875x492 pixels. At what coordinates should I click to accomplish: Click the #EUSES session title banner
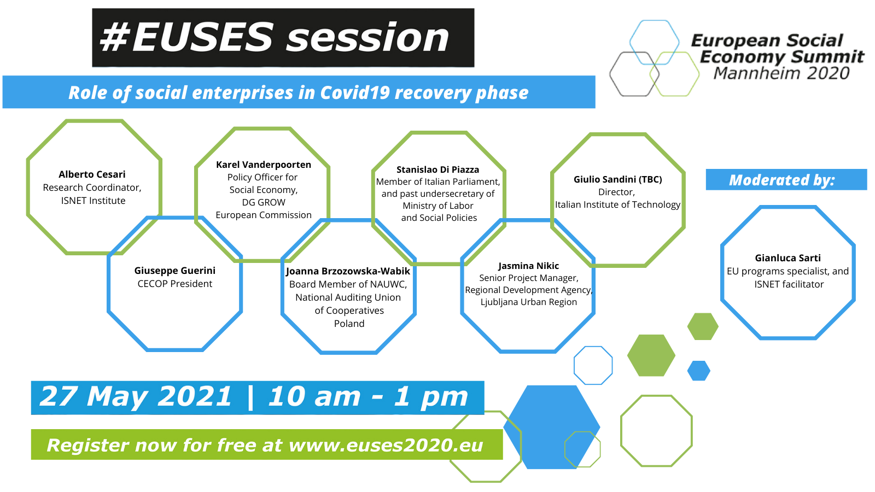point(283,38)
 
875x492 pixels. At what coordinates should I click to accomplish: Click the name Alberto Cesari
point(92,174)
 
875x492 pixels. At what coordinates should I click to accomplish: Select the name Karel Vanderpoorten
point(264,165)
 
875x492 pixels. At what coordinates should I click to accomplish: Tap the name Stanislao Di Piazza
point(437,169)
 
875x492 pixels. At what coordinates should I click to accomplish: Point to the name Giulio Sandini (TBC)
point(617,179)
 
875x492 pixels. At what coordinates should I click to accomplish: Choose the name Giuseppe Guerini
point(174,270)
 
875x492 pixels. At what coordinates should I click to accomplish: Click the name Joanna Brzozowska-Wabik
point(348,271)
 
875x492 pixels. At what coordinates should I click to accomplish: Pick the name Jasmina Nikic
point(528,266)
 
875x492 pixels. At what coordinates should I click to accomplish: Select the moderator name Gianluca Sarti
point(787,257)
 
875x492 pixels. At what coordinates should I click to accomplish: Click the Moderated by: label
point(782,180)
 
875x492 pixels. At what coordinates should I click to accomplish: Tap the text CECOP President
point(174,284)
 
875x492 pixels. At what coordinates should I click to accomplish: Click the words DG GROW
point(264,202)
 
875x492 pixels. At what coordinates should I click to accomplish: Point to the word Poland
point(349,323)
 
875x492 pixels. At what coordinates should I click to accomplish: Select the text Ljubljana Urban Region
point(528,302)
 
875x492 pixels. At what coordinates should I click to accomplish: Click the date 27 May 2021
point(136,396)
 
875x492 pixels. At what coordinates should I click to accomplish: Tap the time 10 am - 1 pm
point(368,397)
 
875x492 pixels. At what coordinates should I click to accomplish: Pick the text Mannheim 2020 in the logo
point(781,73)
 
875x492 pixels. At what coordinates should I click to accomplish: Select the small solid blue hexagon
point(699,371)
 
